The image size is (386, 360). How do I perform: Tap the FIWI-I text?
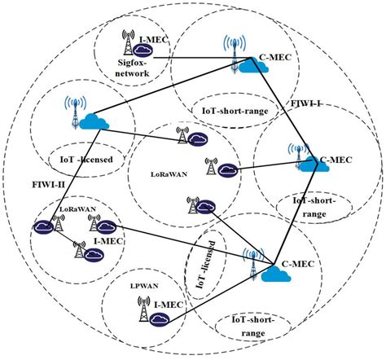309,105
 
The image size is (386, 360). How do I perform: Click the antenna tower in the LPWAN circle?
142,310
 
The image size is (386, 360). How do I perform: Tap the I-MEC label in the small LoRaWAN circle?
107,242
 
